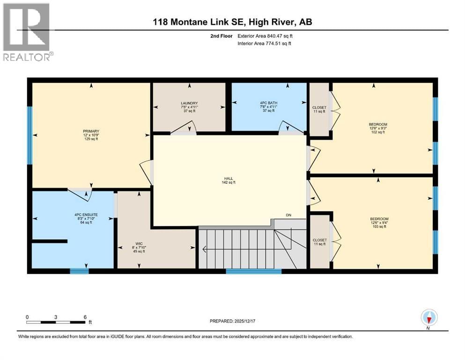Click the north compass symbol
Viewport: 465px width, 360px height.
pyautogui.click(x=429, y=318)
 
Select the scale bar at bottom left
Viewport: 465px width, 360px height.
pyautogui.click(x=56, y=322)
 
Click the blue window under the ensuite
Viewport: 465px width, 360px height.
pyautogui.click(x=79, y=270)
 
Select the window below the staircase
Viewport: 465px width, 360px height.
pyautogui.click(x=253, y=270)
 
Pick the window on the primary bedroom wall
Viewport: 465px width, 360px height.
pyautogui.click(x=30, y=135)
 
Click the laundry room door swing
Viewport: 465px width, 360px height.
pyautogui.click(x=184, y=128)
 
